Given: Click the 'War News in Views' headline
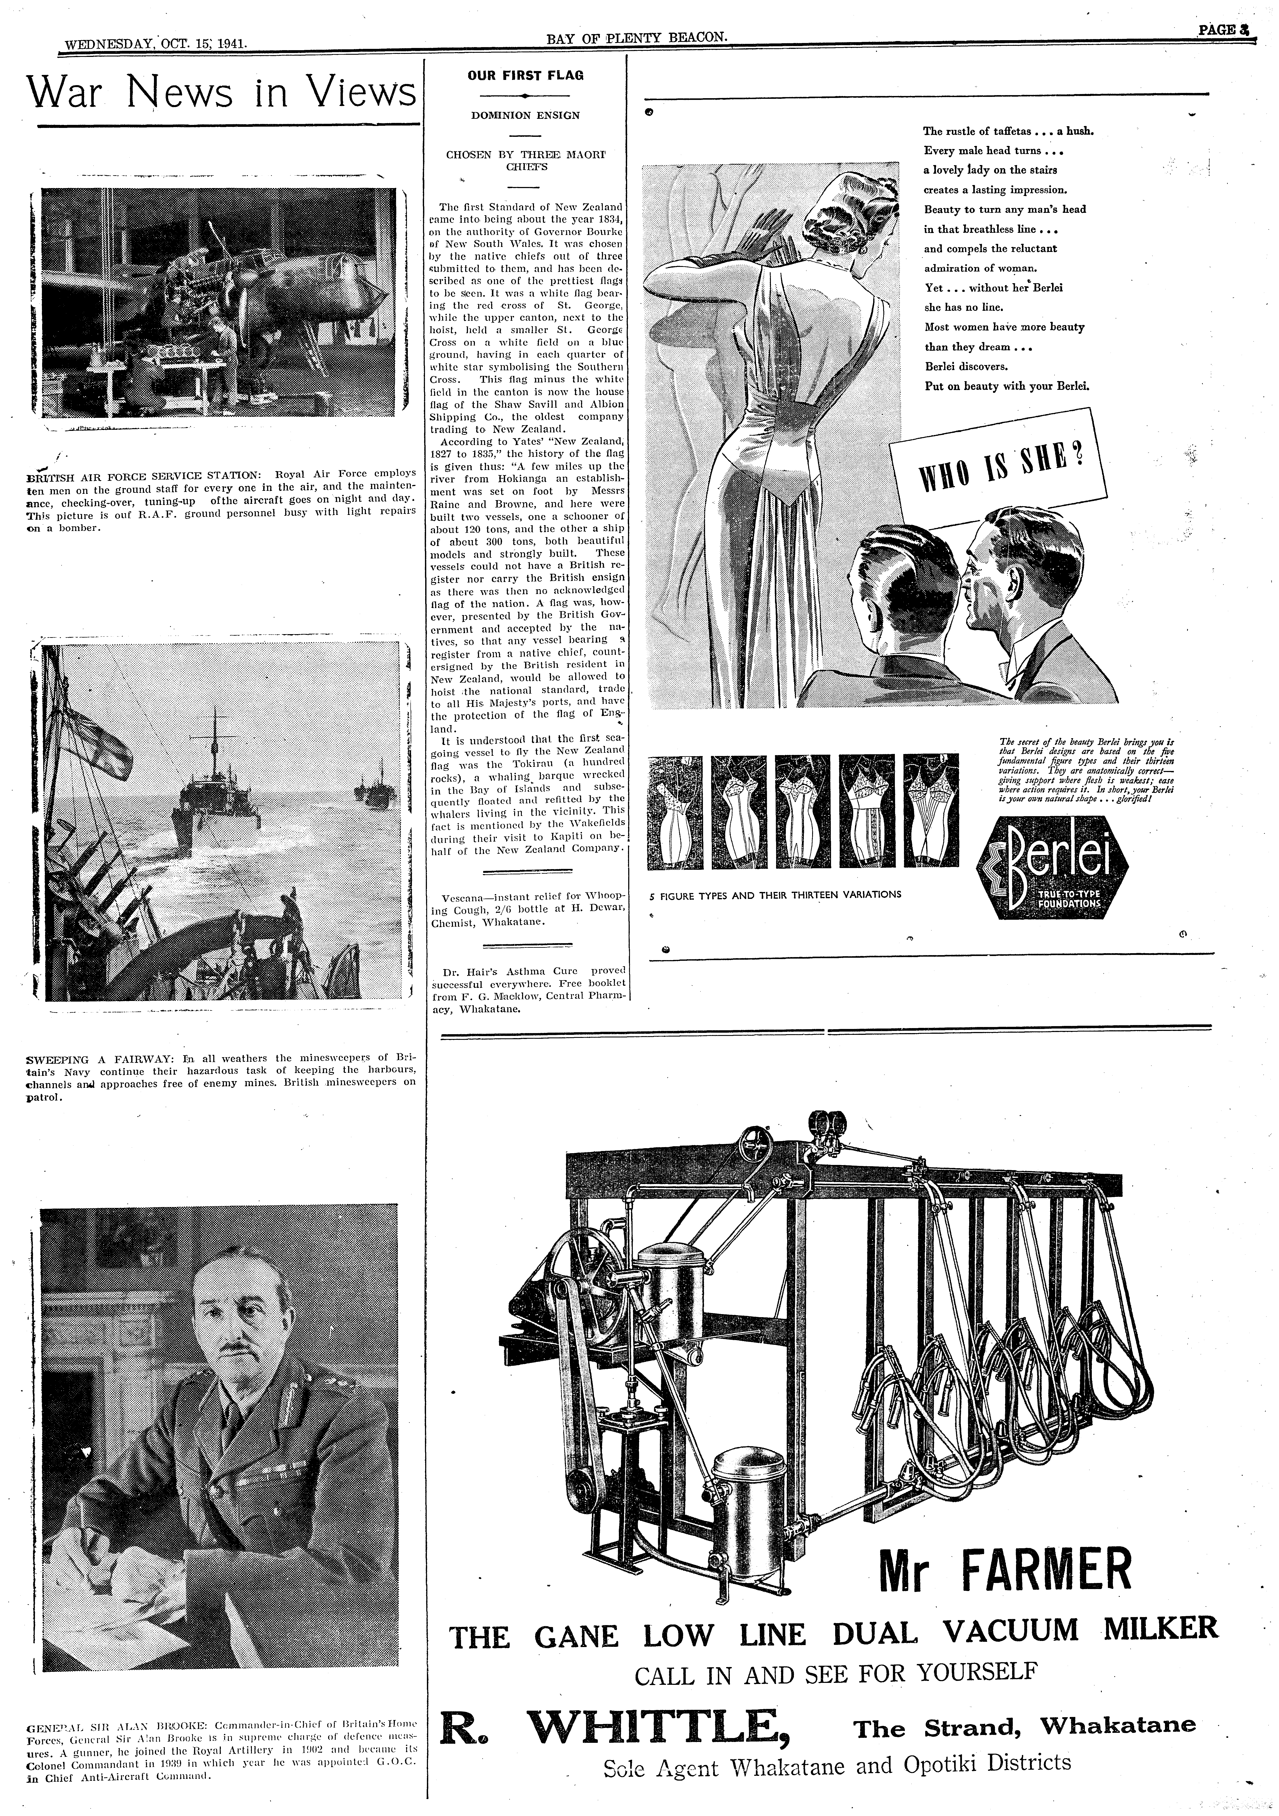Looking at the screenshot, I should (x=221, y=93).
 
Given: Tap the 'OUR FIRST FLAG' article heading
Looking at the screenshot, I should (x=525, y=76).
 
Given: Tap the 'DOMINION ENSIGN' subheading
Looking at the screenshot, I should (x=525, y=116).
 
